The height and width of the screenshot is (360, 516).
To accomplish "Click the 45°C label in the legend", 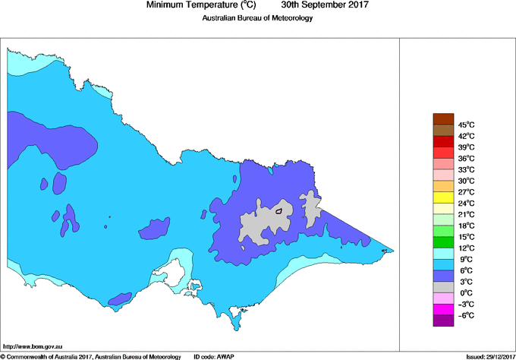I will click(x=466, y=125).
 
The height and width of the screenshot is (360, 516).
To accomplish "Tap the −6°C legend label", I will click(x=466, y=315).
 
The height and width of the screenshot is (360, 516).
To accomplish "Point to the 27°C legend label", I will click(x=466, y=192).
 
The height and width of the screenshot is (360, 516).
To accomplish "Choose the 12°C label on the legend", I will click(x=466, y=248).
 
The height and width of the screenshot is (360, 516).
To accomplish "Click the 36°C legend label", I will click(x=466, y=158).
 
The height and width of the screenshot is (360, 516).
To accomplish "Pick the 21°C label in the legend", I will click(x=466, y=214).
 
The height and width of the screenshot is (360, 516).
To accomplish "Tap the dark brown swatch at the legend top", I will click(x=442, y=118).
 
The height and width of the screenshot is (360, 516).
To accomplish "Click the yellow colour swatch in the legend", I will click(x=442, y=197).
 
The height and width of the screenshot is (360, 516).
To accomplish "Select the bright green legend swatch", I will click(x=442, y=242).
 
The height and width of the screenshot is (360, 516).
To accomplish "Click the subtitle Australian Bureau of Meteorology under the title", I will click(x=257, y=17).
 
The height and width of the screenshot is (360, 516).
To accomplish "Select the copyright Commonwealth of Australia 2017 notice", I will click(x=91, y=356).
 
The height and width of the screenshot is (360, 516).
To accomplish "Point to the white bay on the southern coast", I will click(x=181, y=270).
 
